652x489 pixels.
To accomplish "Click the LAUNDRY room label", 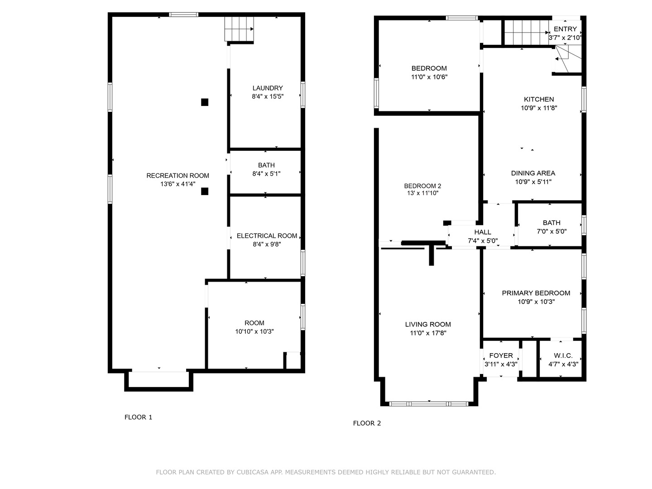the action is click(x=267, y=88).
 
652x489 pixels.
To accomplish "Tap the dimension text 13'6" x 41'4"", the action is click(x=177, y=184).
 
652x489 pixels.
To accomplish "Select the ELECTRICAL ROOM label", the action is click(x=267, y=236).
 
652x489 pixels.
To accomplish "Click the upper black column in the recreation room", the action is click(x=204, y=102).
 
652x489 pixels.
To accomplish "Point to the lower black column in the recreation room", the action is click(x=204, y=191).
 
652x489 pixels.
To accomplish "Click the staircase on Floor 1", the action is click(x=239, y=29).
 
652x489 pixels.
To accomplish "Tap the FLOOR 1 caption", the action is click(x=138, y=417).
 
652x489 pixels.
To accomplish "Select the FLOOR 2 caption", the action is click(x=367, y=423).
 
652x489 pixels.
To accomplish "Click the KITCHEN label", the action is click(x=538, y=99).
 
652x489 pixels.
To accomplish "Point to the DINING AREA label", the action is click(x=533, y=173).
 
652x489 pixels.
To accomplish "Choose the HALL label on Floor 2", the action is click(x=482, y=232).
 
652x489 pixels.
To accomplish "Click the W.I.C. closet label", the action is click(x=563, y=355).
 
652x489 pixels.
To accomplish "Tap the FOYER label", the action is click(x=501, y=355).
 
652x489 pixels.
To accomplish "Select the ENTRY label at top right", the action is click(x=565, y=29).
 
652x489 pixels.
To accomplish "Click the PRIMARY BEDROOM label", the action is click(x=536, y=293).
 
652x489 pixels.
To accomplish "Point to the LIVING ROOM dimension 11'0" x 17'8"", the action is click(x=428, y=333).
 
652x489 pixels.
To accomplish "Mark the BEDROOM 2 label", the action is click(x=422, y=186).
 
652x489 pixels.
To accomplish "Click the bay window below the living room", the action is click(x=429, y=404).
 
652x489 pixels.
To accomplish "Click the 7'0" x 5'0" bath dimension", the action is click(x=551, y=231).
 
